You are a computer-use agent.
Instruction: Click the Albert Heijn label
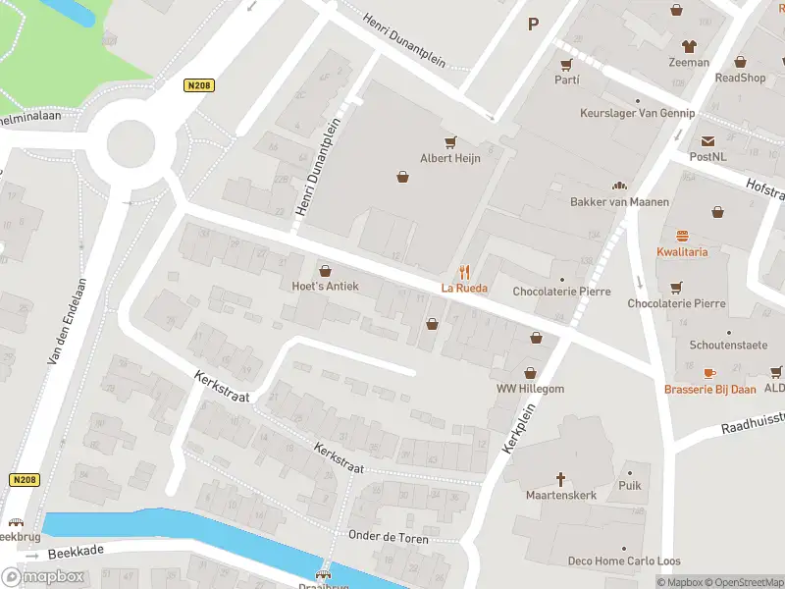click(x=450, y=158)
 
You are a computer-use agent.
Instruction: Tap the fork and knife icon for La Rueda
click(x=465, y=272)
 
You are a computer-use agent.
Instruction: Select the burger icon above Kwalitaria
click(x=682, y=236)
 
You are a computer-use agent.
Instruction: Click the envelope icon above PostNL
click(x=707, y=141)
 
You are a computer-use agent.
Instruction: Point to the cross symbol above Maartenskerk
click(x=561, y=479)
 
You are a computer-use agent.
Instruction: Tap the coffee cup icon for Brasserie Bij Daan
click(x=709, y=373)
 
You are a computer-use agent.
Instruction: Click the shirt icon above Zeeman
click(x=688, y=46)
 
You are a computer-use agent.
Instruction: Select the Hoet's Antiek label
click(x=326, y=287)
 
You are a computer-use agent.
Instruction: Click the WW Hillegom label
click(x=531, y=389)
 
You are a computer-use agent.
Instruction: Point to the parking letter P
click(x=534, y=25)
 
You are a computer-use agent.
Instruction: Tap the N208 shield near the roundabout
click(x=199, y=86)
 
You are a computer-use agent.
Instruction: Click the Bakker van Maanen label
click(x=619, y=202)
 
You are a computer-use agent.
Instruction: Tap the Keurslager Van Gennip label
click(x=637, y=114)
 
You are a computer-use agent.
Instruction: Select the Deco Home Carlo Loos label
click(x=623, y=562)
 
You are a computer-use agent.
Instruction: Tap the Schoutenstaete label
click(x=727, y=346)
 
